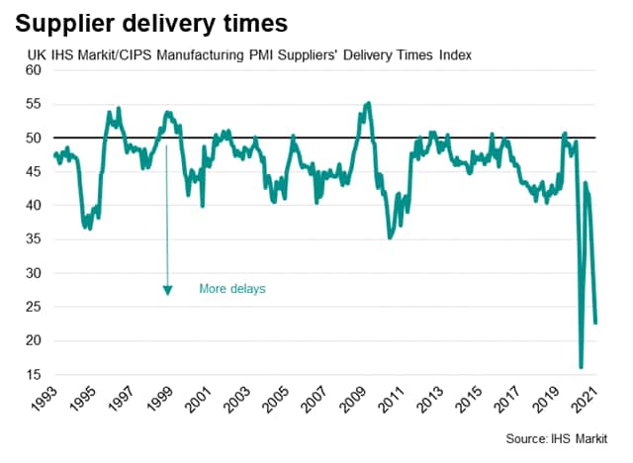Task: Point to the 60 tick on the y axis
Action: click(x=34, y=70)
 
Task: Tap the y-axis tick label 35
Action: click(x=34, y=239)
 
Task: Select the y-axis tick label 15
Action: click(x=34, y=374)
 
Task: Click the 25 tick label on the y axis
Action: click(x=34, y=307)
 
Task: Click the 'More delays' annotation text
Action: click(x=232, y=289)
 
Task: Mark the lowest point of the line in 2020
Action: click(x=581, y=367)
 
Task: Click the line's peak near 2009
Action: click(x=369, y=103)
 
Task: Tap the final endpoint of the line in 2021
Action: click(x=596, y=323)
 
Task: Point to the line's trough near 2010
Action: click(x=390, y=237)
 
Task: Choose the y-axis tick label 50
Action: click(x=34, y=138)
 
